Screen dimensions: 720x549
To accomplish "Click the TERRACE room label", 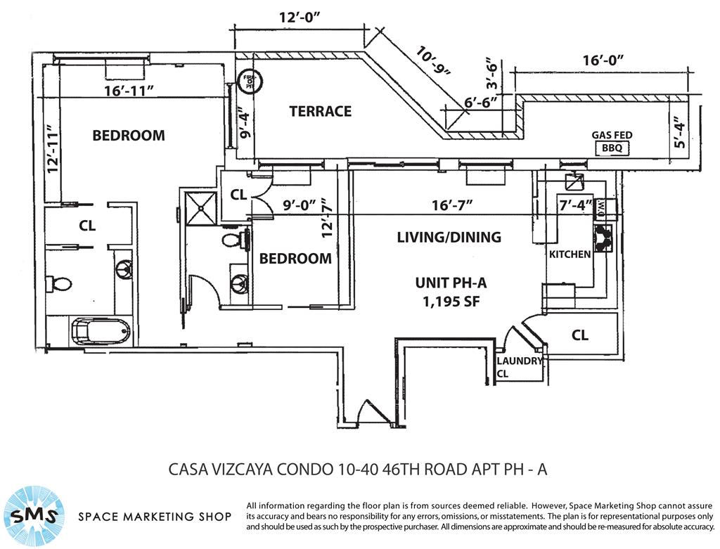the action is (x=320, y=111).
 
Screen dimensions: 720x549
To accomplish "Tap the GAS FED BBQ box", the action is (x=611, y=148).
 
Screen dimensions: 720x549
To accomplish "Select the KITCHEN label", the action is (x=570, y=254).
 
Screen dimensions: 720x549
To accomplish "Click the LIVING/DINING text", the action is (x=449, y=237).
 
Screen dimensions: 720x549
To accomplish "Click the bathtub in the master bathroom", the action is (x=101, y=331).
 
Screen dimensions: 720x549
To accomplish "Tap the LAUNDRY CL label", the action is (x=520, y=366).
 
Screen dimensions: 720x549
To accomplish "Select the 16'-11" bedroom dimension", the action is (x=129, y=91).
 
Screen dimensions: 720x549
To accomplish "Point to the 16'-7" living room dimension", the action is (x=450, y=205).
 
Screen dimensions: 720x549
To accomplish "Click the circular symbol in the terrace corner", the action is (x=250, y=82).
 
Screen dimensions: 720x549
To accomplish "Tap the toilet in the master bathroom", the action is (x=59, y=284).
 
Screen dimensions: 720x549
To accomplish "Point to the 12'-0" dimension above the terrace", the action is (x=299, y=20).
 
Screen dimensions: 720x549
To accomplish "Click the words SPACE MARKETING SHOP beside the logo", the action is (x=155, y=517).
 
